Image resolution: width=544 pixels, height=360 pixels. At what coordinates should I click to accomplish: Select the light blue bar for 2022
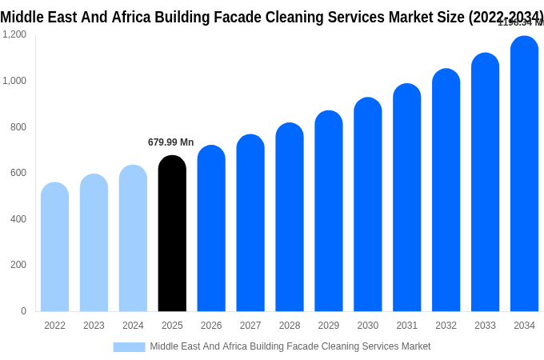[54, 247]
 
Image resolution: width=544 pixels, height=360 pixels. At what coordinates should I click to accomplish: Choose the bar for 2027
[250, 223]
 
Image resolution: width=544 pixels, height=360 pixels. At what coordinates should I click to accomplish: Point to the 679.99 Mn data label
[170, 142]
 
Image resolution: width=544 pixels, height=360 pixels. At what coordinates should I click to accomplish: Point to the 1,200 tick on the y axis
[14, 34]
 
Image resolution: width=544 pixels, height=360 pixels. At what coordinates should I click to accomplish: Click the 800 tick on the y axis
[18, 126]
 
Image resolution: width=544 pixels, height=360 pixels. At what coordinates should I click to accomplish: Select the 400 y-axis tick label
[18, 218]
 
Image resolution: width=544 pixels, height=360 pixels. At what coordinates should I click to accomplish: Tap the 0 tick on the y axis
[23, 310]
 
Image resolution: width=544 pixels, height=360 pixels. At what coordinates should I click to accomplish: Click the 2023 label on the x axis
[94, 326]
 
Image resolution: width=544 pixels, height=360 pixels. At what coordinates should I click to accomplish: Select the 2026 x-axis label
[211, 326]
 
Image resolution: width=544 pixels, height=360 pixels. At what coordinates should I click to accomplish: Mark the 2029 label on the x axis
[329, 326]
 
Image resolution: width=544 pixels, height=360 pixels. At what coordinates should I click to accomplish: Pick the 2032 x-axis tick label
[446, 326]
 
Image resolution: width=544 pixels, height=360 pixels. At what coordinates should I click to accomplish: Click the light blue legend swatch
[129, 347]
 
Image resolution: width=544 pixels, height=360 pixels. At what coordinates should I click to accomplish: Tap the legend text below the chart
[290, 346]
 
